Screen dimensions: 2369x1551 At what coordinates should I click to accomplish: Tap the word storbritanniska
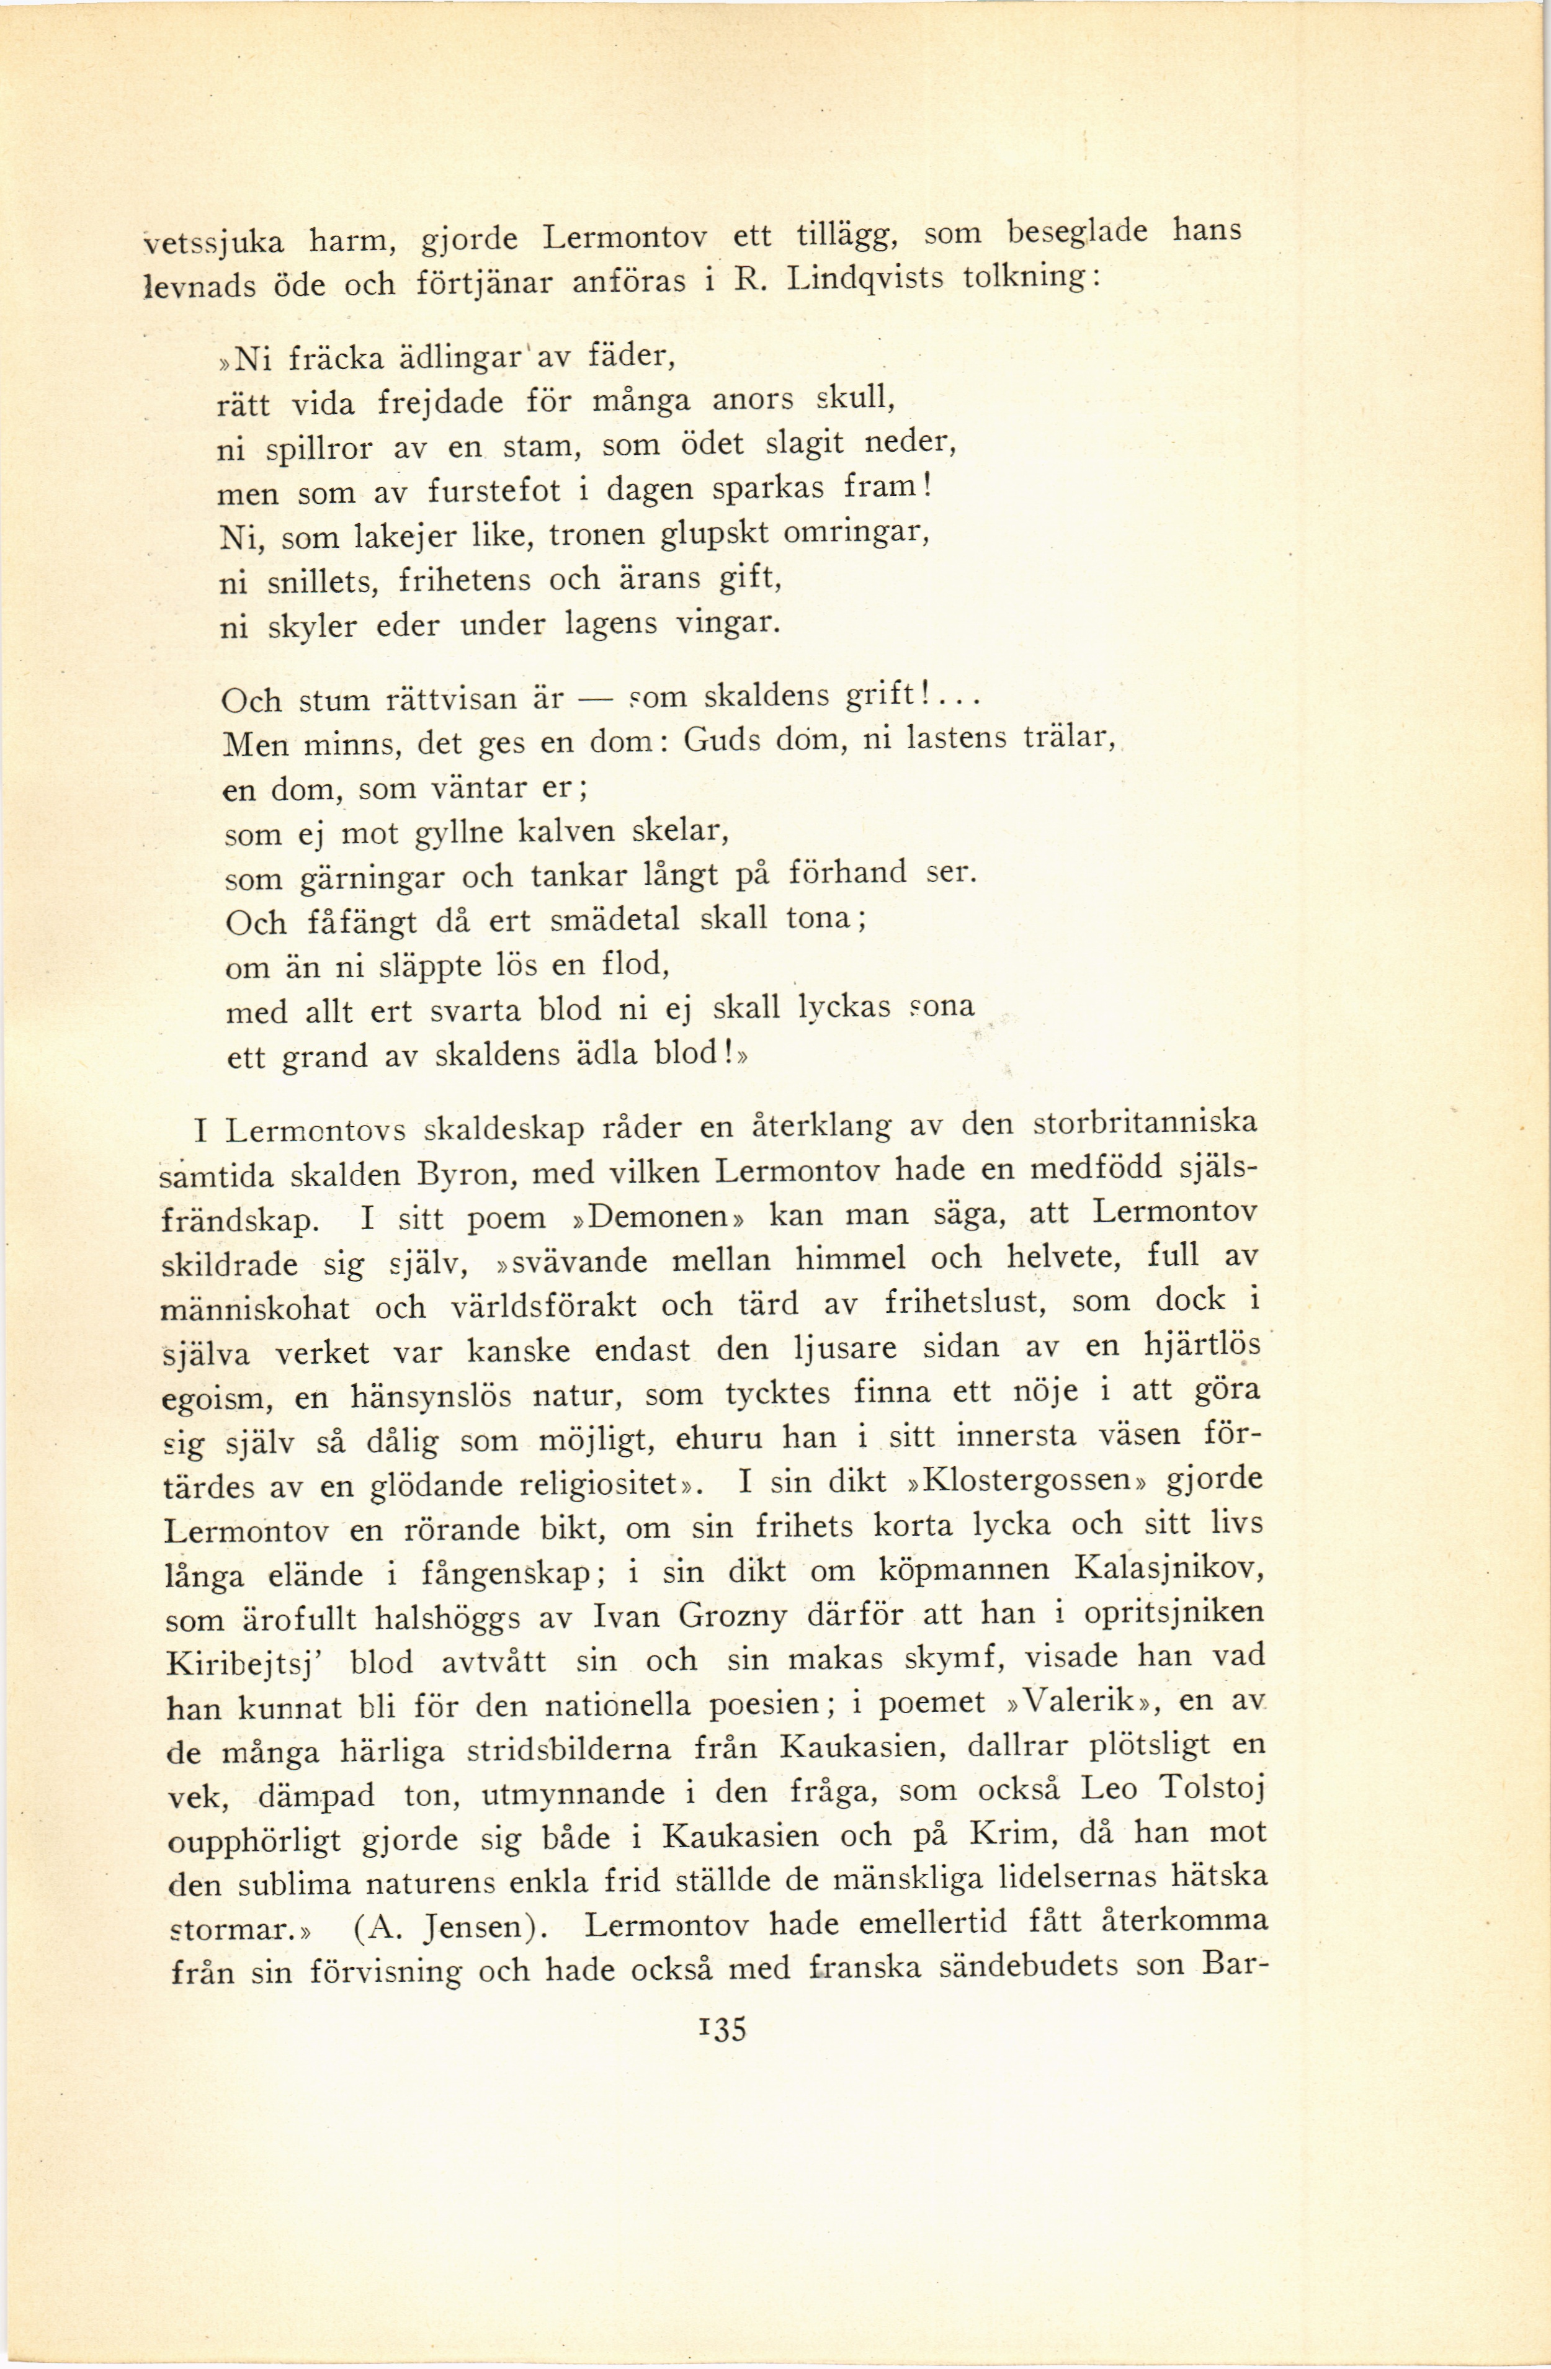coord(1145,1124)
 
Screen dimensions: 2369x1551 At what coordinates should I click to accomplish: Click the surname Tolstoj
coord(1212,1789)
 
